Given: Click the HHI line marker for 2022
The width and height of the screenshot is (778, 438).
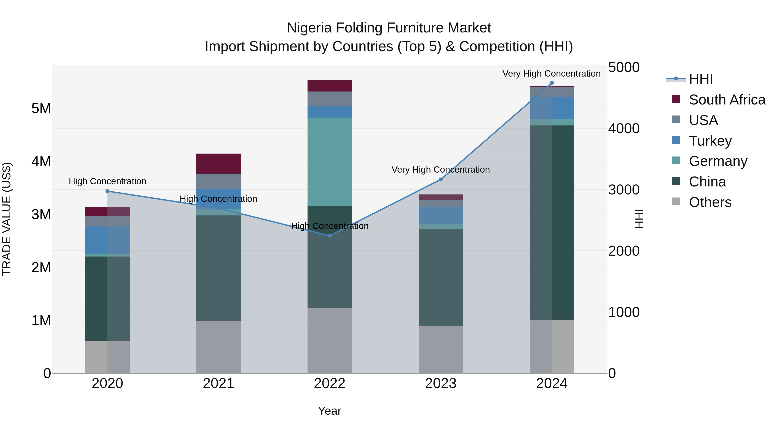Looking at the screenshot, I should coord(330,236).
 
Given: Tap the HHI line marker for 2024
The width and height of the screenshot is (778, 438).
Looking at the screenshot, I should coord(552,83).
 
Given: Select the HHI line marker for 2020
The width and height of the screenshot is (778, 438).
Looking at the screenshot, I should coord(108,191).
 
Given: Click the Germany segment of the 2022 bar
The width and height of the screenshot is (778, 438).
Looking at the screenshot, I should coord(330,162).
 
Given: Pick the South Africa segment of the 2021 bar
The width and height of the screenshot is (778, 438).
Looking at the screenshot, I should coord(218,164).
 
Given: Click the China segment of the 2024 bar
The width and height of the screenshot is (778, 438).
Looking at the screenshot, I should coord(552,223).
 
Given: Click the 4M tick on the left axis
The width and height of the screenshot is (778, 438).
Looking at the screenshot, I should coord(41,161).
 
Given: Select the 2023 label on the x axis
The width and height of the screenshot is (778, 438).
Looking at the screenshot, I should coord(441,383).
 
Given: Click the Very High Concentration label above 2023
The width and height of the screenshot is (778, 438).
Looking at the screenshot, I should coord(441,170).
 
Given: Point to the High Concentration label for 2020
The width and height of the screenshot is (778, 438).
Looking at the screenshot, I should coord(108,181).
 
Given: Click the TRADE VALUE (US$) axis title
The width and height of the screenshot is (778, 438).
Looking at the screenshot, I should coord(7,219).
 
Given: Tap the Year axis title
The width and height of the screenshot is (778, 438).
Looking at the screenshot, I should coord(330,411).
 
